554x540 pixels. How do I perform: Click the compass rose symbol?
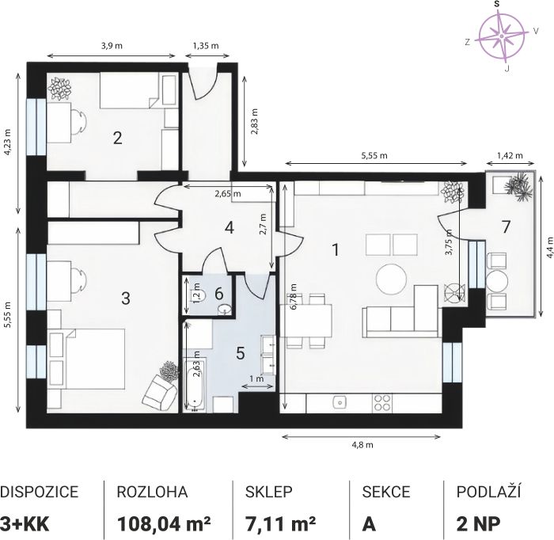tap(502, 36)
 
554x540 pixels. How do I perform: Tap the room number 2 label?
tap(118, 138)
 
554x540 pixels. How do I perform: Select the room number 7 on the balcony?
tap(506, 227)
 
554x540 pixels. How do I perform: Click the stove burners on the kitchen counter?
tap(382, 403)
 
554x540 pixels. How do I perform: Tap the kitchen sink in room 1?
tap(340, 402)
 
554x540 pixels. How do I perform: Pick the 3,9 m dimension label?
tap(112, 46)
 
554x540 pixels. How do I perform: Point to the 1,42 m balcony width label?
tap(510, 155)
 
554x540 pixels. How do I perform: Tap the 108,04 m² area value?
tap(164, 524)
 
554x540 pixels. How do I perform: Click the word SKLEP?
tap(269, 492)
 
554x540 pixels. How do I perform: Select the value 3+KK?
tap(25, 524)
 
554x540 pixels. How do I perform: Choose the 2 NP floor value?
tap(478, 524)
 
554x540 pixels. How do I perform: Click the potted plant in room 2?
tap(59, 89)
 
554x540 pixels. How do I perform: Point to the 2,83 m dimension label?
tap(255, 122)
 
